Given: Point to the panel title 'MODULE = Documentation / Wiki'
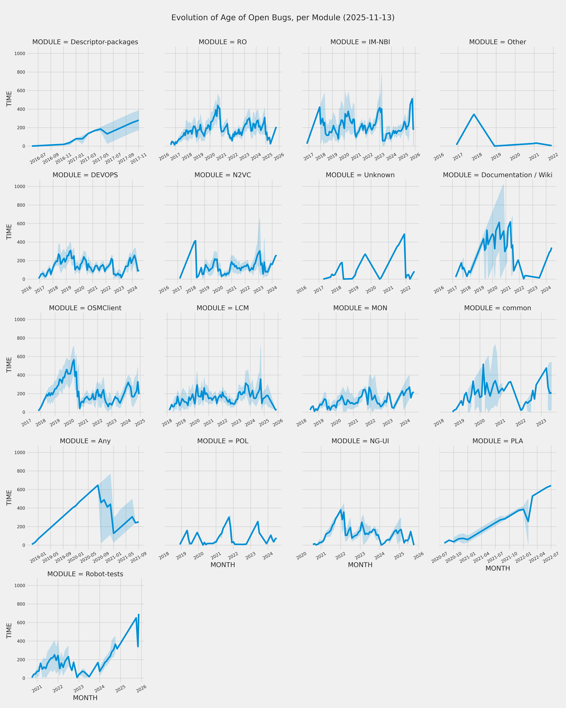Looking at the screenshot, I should [497, 175].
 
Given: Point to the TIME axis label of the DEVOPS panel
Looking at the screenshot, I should [9, 232].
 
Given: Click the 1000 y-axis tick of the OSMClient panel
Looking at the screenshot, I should [20, 320].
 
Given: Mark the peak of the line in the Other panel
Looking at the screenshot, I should [474, 114].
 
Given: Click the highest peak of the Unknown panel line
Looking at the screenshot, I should [404, 234].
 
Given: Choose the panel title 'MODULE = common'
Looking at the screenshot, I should [497, 308].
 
